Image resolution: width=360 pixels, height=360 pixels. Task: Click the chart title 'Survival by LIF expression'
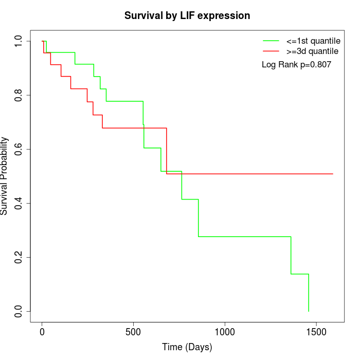[187, 15]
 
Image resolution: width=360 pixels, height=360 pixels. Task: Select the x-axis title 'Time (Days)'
[187, 347]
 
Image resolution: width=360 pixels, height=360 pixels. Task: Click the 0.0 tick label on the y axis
[19, 311]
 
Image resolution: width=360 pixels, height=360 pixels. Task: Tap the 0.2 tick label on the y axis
[19, 257]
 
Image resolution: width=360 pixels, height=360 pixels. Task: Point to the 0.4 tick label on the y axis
[19, 203]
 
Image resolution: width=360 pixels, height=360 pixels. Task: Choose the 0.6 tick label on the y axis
[19, 149]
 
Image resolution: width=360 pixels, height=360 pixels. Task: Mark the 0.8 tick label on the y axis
[19, 95]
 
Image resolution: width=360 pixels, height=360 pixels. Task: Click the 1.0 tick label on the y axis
[19, 41]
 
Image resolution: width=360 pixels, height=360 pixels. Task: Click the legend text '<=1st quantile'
[313, 41]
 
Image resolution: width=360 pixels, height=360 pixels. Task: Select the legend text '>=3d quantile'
[312, 51]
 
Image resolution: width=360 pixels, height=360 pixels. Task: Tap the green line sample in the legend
[271, 41]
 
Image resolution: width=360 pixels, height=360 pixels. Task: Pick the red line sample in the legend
[271, 51]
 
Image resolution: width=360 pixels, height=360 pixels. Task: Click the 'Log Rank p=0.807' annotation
[296, 65]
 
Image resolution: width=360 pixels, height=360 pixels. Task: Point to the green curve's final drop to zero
[309, 293]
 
